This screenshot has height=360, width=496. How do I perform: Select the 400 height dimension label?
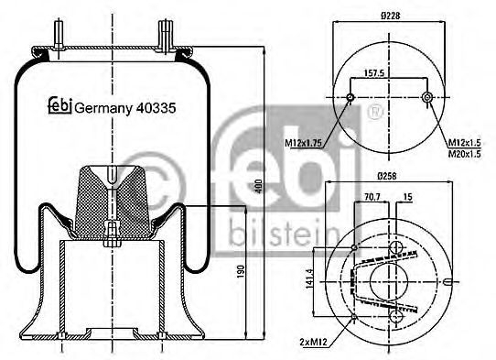coord(259,186)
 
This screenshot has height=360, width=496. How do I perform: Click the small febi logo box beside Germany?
coord(59,106)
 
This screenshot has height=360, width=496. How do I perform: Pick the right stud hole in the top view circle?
coord(426,97)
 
